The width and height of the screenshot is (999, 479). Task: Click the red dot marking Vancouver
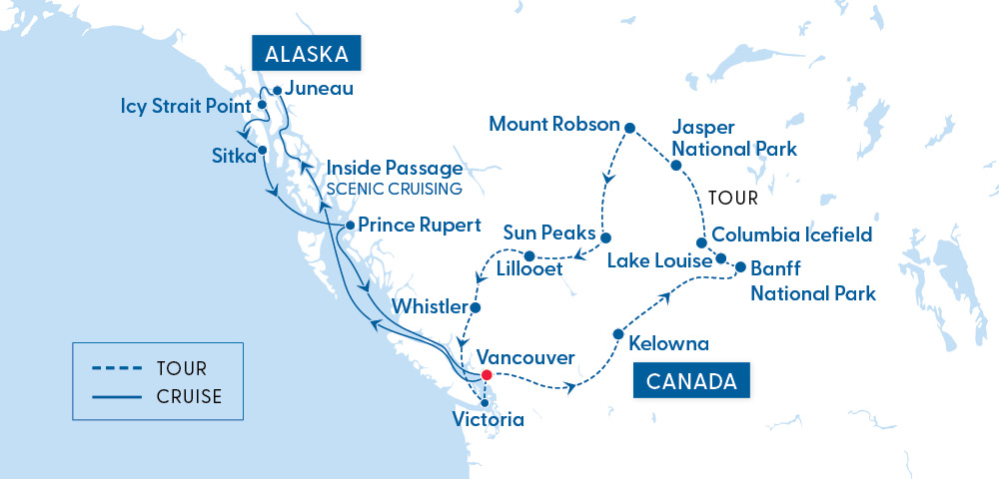point(486,375)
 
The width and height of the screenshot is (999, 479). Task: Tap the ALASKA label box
point(306,54)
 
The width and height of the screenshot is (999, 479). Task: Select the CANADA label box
point(691,380)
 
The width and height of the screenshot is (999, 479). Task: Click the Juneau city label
point(319,88)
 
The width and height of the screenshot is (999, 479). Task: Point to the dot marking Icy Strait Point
point(262,104)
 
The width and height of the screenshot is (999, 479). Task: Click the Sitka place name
point(232,157)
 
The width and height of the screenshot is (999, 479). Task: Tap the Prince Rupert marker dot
point(351,226)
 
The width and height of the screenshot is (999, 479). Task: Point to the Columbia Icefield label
point(793,236)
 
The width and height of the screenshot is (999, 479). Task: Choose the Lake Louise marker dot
point(721,259)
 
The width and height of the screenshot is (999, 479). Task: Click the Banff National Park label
point(812,280)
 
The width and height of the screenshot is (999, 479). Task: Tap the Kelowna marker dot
point(617,333)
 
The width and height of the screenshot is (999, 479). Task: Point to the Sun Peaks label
point(547,233)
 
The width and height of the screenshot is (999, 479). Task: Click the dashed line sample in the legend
point(115,369)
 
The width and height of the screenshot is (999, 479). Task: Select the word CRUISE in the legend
point(189,396)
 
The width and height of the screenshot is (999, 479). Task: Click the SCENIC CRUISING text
point(394,189)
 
